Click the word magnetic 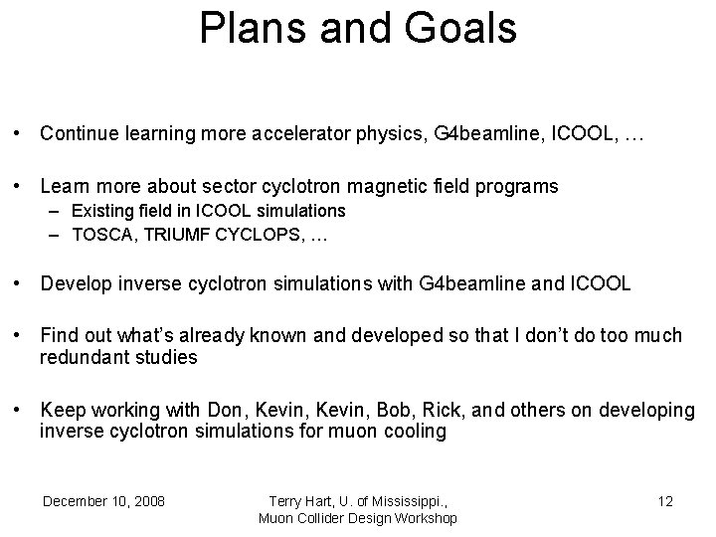(x=389, y=186)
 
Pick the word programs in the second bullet (x=519, y=186)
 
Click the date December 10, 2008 (x=103, y=500)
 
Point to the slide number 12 (x=665, y=500)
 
